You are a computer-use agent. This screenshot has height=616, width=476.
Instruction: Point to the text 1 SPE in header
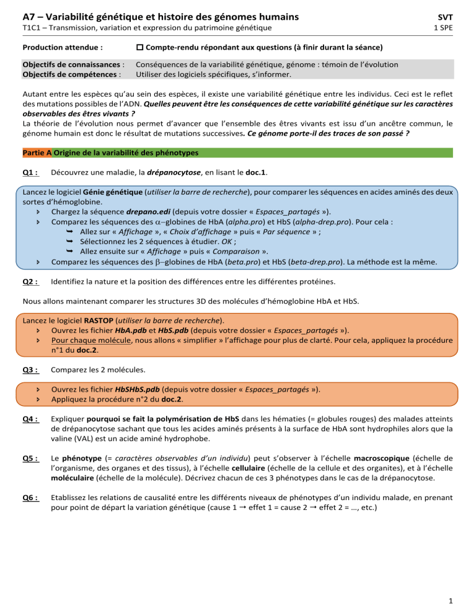[452, 28]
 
